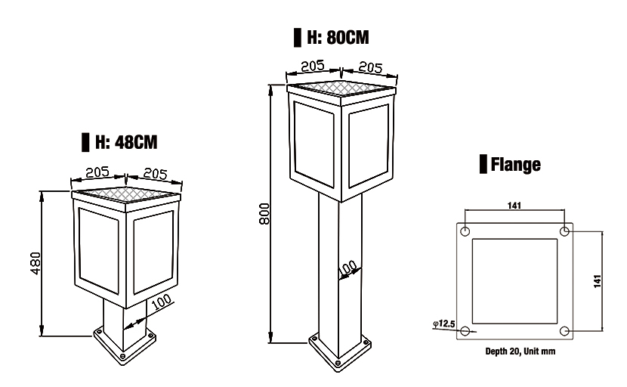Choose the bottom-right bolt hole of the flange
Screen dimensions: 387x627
565,330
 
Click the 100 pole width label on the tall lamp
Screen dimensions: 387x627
347,268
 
